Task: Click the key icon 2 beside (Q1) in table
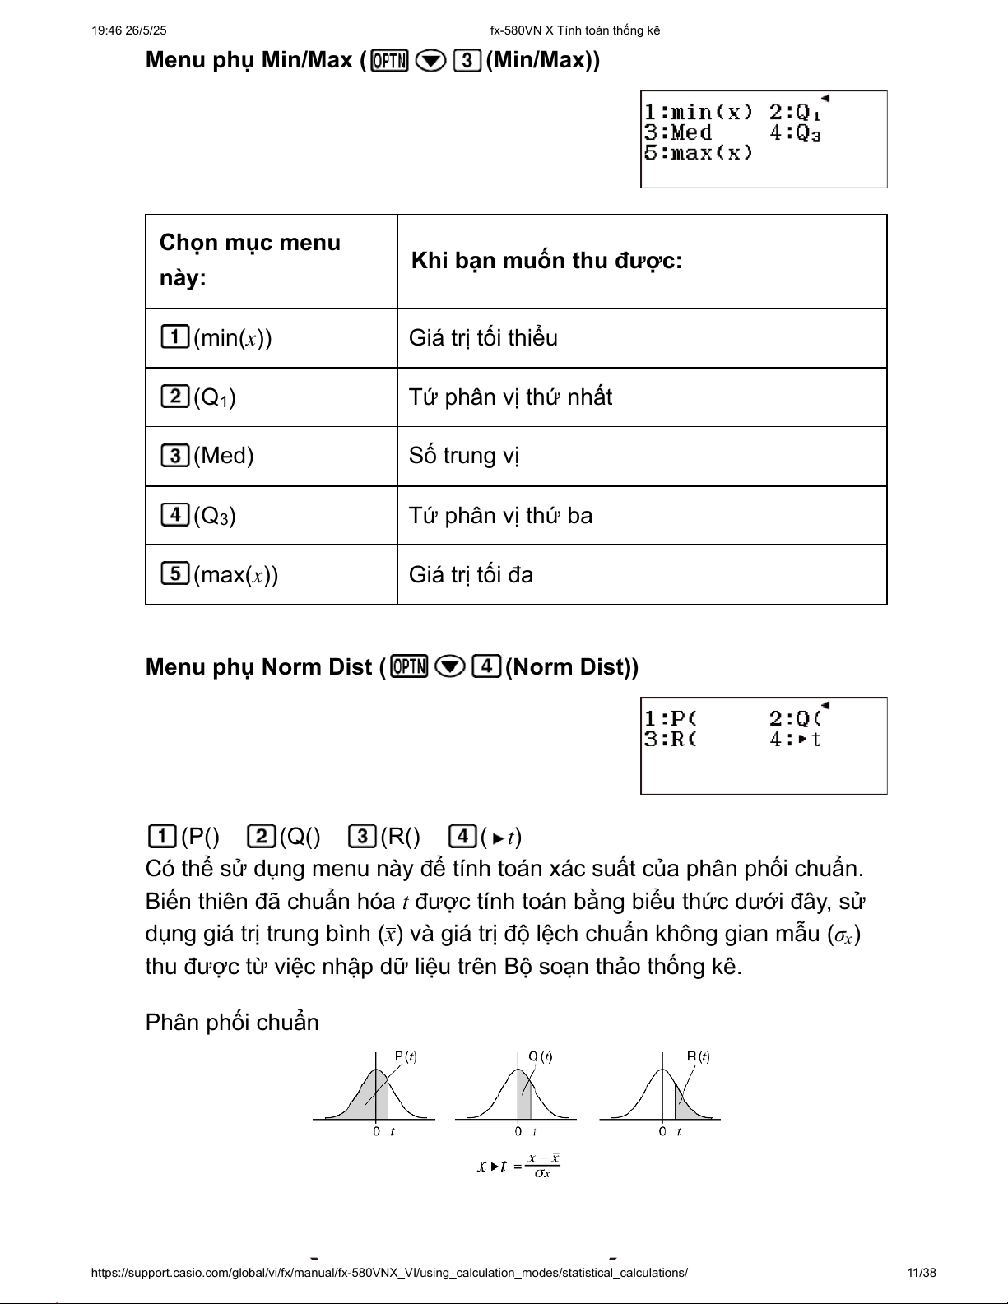tap(174, 397)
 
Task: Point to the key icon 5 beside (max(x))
tap(174, 573)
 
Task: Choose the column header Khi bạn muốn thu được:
tap(546, 261)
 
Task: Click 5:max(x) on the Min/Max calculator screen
tap(698, 153)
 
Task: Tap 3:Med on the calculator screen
tap(678, 132)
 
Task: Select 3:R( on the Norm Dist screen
tap(670, 739)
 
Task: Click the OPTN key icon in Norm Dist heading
tap(410, 666)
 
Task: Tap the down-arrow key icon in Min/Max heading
tap(430, 60)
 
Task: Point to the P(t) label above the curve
tap(405, 1056)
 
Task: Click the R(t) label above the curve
tap(698, 1056)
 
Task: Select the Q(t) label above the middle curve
tap(540, 1056)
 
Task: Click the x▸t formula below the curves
tap(518, 1165)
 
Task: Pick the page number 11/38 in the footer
tap(921, 1273)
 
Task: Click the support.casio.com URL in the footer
tap(389, 1273)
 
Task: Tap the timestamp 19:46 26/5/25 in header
tap(129, 30)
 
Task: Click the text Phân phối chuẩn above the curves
tap(231, 1023)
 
